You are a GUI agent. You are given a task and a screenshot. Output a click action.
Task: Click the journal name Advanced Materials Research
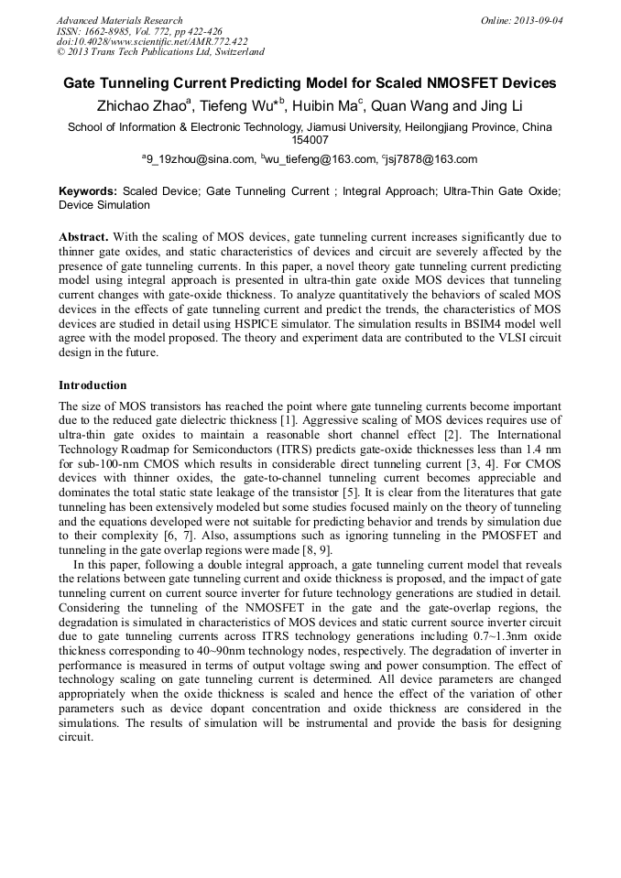click(x=120, y=20)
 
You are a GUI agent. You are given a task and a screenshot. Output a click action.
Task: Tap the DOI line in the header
click(x=151, y=41)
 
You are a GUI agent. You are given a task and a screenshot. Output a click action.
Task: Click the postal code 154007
click(x=310, y=140)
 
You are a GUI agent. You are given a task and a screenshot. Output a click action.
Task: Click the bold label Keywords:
click(x=88, y=191)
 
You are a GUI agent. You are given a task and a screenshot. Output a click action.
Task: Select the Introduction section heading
click(x=93, y=385)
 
